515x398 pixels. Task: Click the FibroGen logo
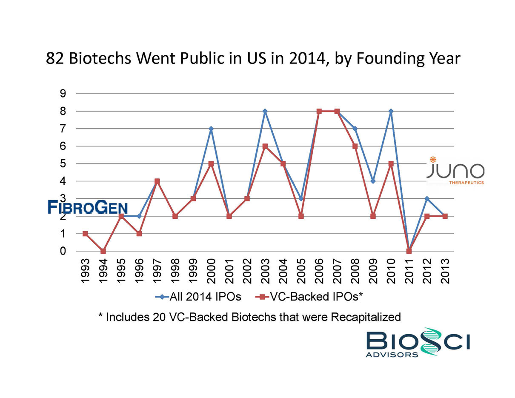[x=88, y=208]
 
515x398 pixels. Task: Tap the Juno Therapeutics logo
[x=455, y=171]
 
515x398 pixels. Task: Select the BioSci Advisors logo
[x=418, y=342]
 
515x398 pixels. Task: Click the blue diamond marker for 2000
[x=211, y=129]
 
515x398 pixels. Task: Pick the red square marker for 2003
[x=265, y=146]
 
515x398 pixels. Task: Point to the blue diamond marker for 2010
[x=391, y=111]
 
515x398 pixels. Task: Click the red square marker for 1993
[x=85, y=234]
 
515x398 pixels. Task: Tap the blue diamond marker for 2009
[x=373, y=181]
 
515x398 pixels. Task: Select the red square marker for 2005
[x=301, y=216]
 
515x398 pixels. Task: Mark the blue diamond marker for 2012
[x=427, y=199]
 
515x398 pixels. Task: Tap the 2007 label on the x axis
[x=337, y=271]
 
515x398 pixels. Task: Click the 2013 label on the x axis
[x=445, y=271]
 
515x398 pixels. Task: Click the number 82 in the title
[x=55, y=58]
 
